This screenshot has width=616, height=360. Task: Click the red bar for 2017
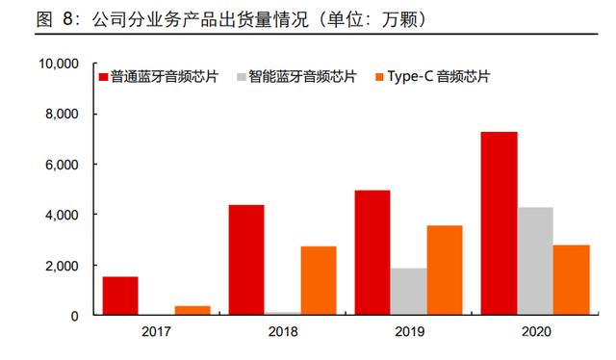120,296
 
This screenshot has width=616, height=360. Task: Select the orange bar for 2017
192,310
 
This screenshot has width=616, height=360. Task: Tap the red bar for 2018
246,260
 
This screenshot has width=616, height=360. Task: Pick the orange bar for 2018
319,281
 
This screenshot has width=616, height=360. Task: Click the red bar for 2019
372,252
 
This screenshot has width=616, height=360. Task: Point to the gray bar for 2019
408,292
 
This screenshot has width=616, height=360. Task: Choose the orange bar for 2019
445,270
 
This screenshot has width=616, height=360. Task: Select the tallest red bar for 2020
499,223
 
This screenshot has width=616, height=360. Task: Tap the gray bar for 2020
535,261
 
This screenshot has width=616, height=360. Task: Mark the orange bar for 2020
571,280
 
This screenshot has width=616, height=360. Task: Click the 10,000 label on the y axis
58,64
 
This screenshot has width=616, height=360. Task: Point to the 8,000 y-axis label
62,114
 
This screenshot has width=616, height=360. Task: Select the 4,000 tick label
62,215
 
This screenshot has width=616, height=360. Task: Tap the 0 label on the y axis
74,316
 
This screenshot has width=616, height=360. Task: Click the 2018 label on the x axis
283,332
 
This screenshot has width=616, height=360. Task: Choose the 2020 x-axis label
536,332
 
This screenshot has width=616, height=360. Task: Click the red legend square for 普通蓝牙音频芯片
103,77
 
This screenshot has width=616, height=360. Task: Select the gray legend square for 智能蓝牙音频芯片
242,77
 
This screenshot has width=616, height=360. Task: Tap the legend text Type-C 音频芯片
439,76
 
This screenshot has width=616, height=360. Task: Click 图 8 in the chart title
55,19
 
